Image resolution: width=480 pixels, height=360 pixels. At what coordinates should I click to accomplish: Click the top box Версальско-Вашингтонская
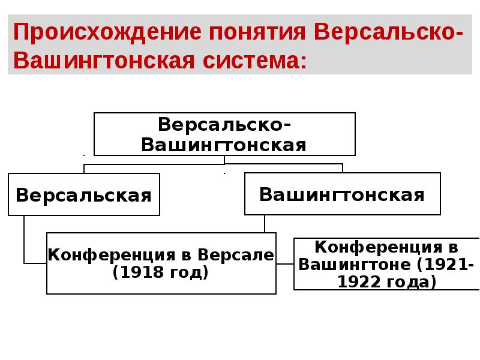coord(224,134)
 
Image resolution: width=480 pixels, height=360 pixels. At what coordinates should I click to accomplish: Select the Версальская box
coord(83,194)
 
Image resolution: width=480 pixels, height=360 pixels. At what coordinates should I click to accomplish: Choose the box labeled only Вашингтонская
coord(342,194)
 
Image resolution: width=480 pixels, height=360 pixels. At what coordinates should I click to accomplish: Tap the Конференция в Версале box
coord(161,263)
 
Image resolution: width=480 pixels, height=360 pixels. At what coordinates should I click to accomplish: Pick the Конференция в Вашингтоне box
coord(386,264)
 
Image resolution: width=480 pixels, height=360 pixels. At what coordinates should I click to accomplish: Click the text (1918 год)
coord(161,273)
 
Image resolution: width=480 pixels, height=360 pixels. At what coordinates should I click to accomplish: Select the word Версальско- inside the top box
coord(224,125)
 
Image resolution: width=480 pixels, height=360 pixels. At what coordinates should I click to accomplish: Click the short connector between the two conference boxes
coord(285,263)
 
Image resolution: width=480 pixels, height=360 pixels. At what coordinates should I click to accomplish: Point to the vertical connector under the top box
coord(224,160)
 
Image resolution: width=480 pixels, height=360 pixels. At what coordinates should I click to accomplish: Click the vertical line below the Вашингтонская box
coord(265,224)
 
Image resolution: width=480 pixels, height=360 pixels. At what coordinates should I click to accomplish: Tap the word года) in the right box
coord(412,281)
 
